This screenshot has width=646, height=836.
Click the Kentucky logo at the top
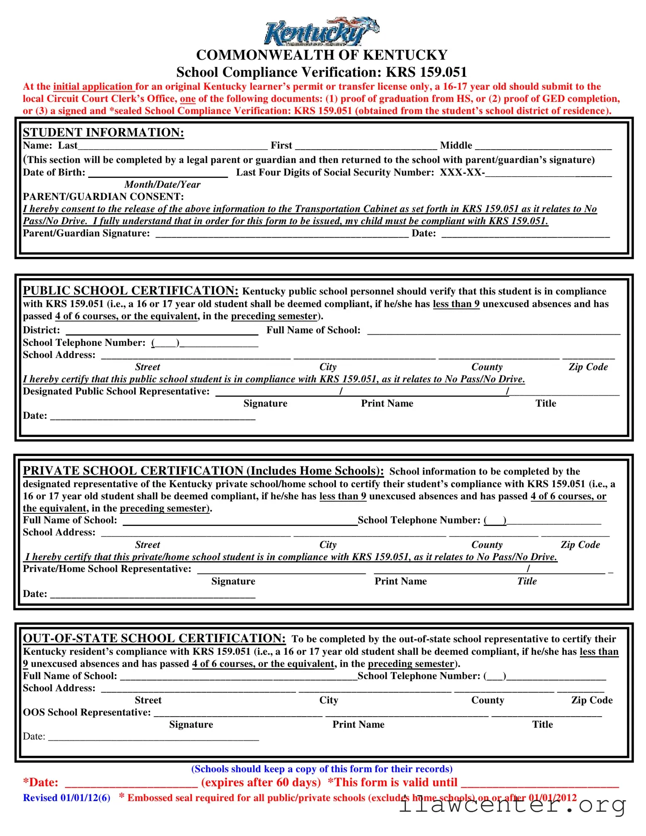(x=321, y=32)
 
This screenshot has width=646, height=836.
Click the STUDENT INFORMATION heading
(x=103, y=132)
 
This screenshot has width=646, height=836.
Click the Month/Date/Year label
(x=162, y=185)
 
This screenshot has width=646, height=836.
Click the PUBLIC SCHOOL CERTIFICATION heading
(x=131, y=291)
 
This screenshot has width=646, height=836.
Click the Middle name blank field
(x=543, y=146)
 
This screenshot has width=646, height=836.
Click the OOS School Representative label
(x=86, y=713)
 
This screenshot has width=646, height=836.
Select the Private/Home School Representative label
(x=107, y=569)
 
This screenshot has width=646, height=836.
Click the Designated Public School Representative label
(x=116, y=391)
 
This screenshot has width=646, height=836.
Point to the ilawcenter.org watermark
(x=512, y=805)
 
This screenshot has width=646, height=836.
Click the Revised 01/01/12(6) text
(x=67, y=798)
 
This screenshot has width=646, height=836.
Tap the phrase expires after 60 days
(x=261, y=782)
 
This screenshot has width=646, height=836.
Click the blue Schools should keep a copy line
(x=322, y=769)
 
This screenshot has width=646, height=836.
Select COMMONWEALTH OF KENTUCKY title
(x=322, y=55)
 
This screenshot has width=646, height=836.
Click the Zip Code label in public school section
(x=588, y=367)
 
